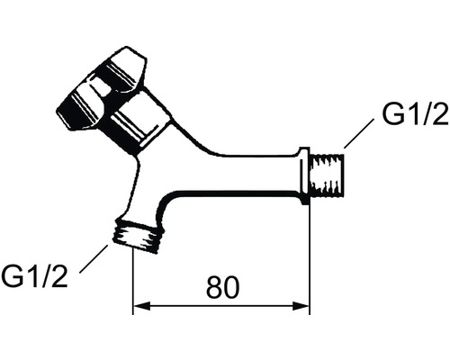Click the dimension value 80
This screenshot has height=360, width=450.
[x=222, y=287]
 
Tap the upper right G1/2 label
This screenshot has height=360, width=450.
[x=415, y=113]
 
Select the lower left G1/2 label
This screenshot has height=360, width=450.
[x=34, y=276]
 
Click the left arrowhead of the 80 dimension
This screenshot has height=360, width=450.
[x=141, y=306]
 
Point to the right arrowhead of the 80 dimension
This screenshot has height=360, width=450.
[x=301, y=306]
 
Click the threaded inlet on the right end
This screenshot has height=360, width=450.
[x=327, y=175]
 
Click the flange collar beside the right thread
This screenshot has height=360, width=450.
[x=304, y=176]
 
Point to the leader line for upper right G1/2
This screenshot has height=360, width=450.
[x=359, y=133]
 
